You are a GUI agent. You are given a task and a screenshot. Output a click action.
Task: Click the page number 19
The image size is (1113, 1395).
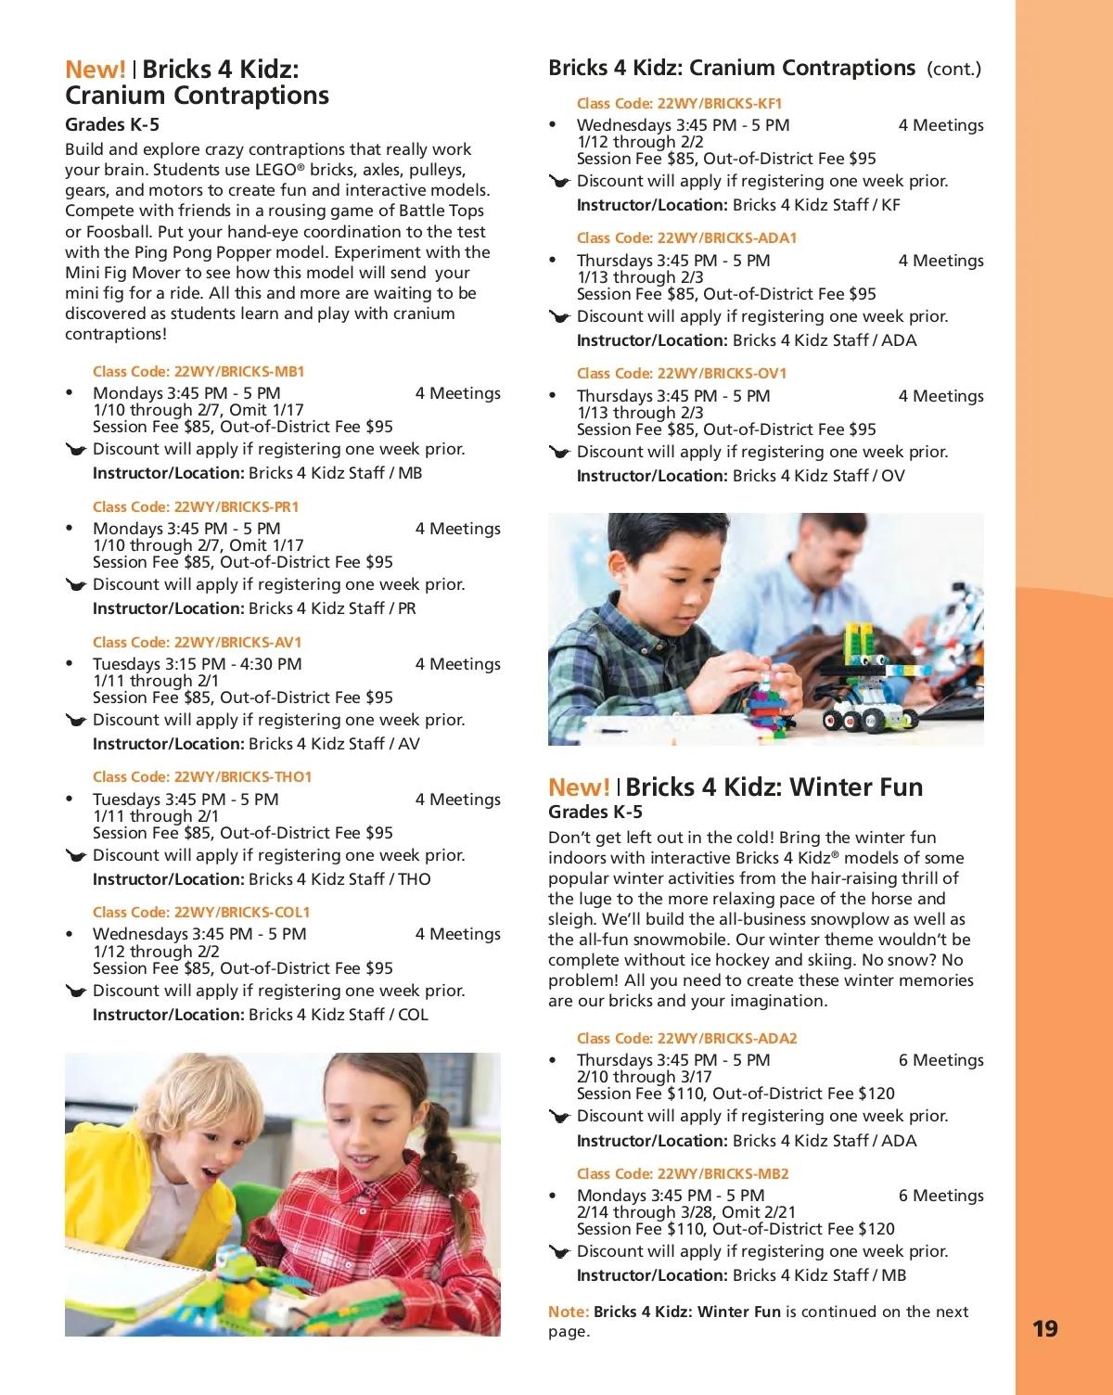pos(1044,1328)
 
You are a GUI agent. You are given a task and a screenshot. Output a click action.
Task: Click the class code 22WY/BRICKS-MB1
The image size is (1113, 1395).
pos(198,371)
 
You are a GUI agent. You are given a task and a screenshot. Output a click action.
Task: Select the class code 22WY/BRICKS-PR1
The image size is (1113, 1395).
pos(196,506)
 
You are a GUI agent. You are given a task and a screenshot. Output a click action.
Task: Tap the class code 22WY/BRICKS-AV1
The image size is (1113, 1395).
pos(197,642)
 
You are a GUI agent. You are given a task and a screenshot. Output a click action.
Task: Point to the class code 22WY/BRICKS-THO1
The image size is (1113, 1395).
pos(202,776)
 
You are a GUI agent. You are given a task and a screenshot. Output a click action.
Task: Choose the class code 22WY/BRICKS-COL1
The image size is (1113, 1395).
pos(201,912)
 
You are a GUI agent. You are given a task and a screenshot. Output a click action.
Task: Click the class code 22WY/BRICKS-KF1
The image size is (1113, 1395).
pos(679,103)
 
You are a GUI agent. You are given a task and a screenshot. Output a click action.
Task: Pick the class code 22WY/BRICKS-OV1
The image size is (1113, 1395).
pos(682,373)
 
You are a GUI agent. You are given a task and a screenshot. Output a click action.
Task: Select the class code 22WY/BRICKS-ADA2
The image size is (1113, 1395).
pos(686,1038)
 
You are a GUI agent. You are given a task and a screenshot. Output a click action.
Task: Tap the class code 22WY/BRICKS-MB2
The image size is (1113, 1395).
pos(683,1173)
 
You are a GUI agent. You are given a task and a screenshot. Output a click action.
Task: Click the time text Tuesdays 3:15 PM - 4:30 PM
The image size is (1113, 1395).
pos(197,664)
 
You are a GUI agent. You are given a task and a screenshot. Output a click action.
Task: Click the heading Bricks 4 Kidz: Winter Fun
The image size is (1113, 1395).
pos(774,787)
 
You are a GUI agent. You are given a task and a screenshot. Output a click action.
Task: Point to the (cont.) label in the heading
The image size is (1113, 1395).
pos(953,69)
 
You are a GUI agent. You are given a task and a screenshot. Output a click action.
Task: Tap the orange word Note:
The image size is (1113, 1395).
pos(569,1312)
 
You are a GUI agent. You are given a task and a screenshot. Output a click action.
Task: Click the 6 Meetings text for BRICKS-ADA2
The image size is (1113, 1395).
pos(940,1060)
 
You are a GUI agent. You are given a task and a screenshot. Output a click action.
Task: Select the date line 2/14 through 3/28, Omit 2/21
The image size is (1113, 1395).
pos(685,1212)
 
